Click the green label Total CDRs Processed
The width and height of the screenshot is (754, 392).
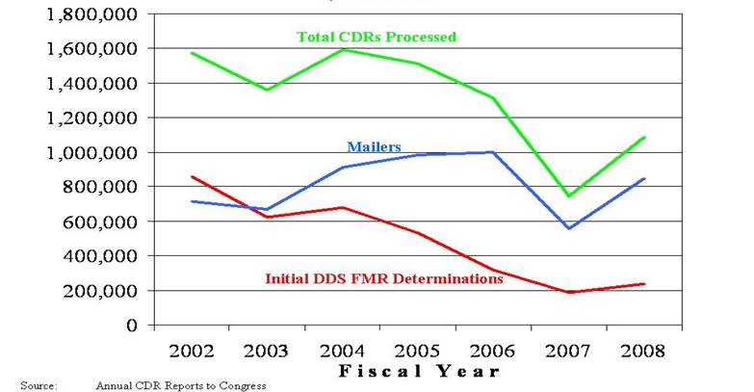[377, 37]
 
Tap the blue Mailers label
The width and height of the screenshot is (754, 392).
[374, 147]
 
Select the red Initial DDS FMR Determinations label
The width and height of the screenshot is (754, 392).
[383, 278]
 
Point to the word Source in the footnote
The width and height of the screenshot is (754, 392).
[37, 385]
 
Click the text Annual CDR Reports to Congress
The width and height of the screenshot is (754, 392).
[180, 385]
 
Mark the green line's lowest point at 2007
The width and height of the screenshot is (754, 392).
[570, 196]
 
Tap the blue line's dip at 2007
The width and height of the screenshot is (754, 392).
[570, 228]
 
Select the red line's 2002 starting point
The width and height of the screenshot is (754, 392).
[192, 176]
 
